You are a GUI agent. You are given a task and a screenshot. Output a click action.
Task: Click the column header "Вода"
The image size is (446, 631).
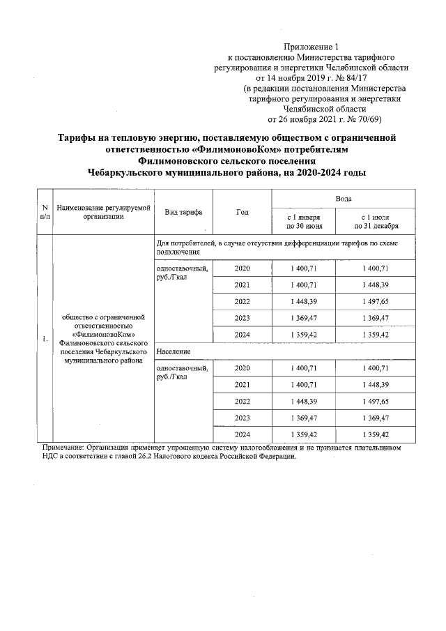[343, 199]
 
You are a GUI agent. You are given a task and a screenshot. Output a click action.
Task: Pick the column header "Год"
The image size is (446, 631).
[242, 212]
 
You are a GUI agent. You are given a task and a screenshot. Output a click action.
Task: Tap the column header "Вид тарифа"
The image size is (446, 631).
[183, 212]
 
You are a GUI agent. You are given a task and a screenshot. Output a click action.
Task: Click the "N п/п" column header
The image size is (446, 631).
[45, 212]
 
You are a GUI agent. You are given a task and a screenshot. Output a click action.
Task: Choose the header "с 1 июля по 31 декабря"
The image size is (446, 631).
[376, 222]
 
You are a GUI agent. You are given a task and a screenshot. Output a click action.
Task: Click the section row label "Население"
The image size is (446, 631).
[174, 351]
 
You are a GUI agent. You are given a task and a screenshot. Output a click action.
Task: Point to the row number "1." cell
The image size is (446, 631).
[45, 340]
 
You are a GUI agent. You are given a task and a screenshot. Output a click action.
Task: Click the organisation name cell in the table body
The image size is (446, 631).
[104, 340]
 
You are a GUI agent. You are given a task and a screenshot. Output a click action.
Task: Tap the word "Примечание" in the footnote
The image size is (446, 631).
[64, 448]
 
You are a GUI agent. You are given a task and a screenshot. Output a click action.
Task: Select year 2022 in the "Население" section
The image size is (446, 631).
[242, 402]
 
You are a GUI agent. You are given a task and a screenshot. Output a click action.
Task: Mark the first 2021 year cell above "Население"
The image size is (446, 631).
[242, 285]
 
